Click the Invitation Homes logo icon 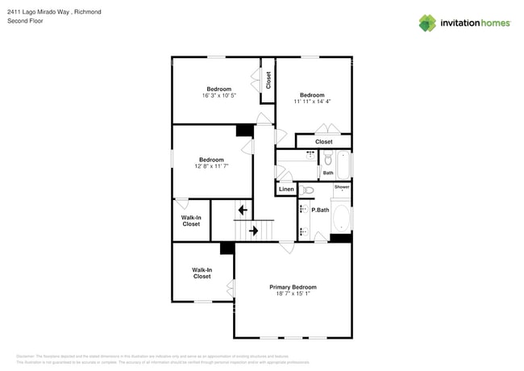click(x=427, y=23)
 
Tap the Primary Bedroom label click(x=293, y=287)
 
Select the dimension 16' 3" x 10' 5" click(x=218, y=96)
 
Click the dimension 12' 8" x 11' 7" click(x=211, y=166)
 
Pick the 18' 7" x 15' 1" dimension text click(x=293, y=294)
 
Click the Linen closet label click(x=286, y=190)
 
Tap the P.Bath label click(x=320, y=210)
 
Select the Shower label click(x=342, y=187)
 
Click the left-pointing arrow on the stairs click(x=243, y=210)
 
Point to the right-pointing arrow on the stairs click(x=253, y=231)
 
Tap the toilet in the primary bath click(x=308, y=190)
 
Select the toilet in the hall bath click(x=328, y=159)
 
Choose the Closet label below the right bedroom click(x=323, y=142)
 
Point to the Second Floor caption click(x=23, y=21)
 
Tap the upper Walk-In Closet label click(x=191, y=221)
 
